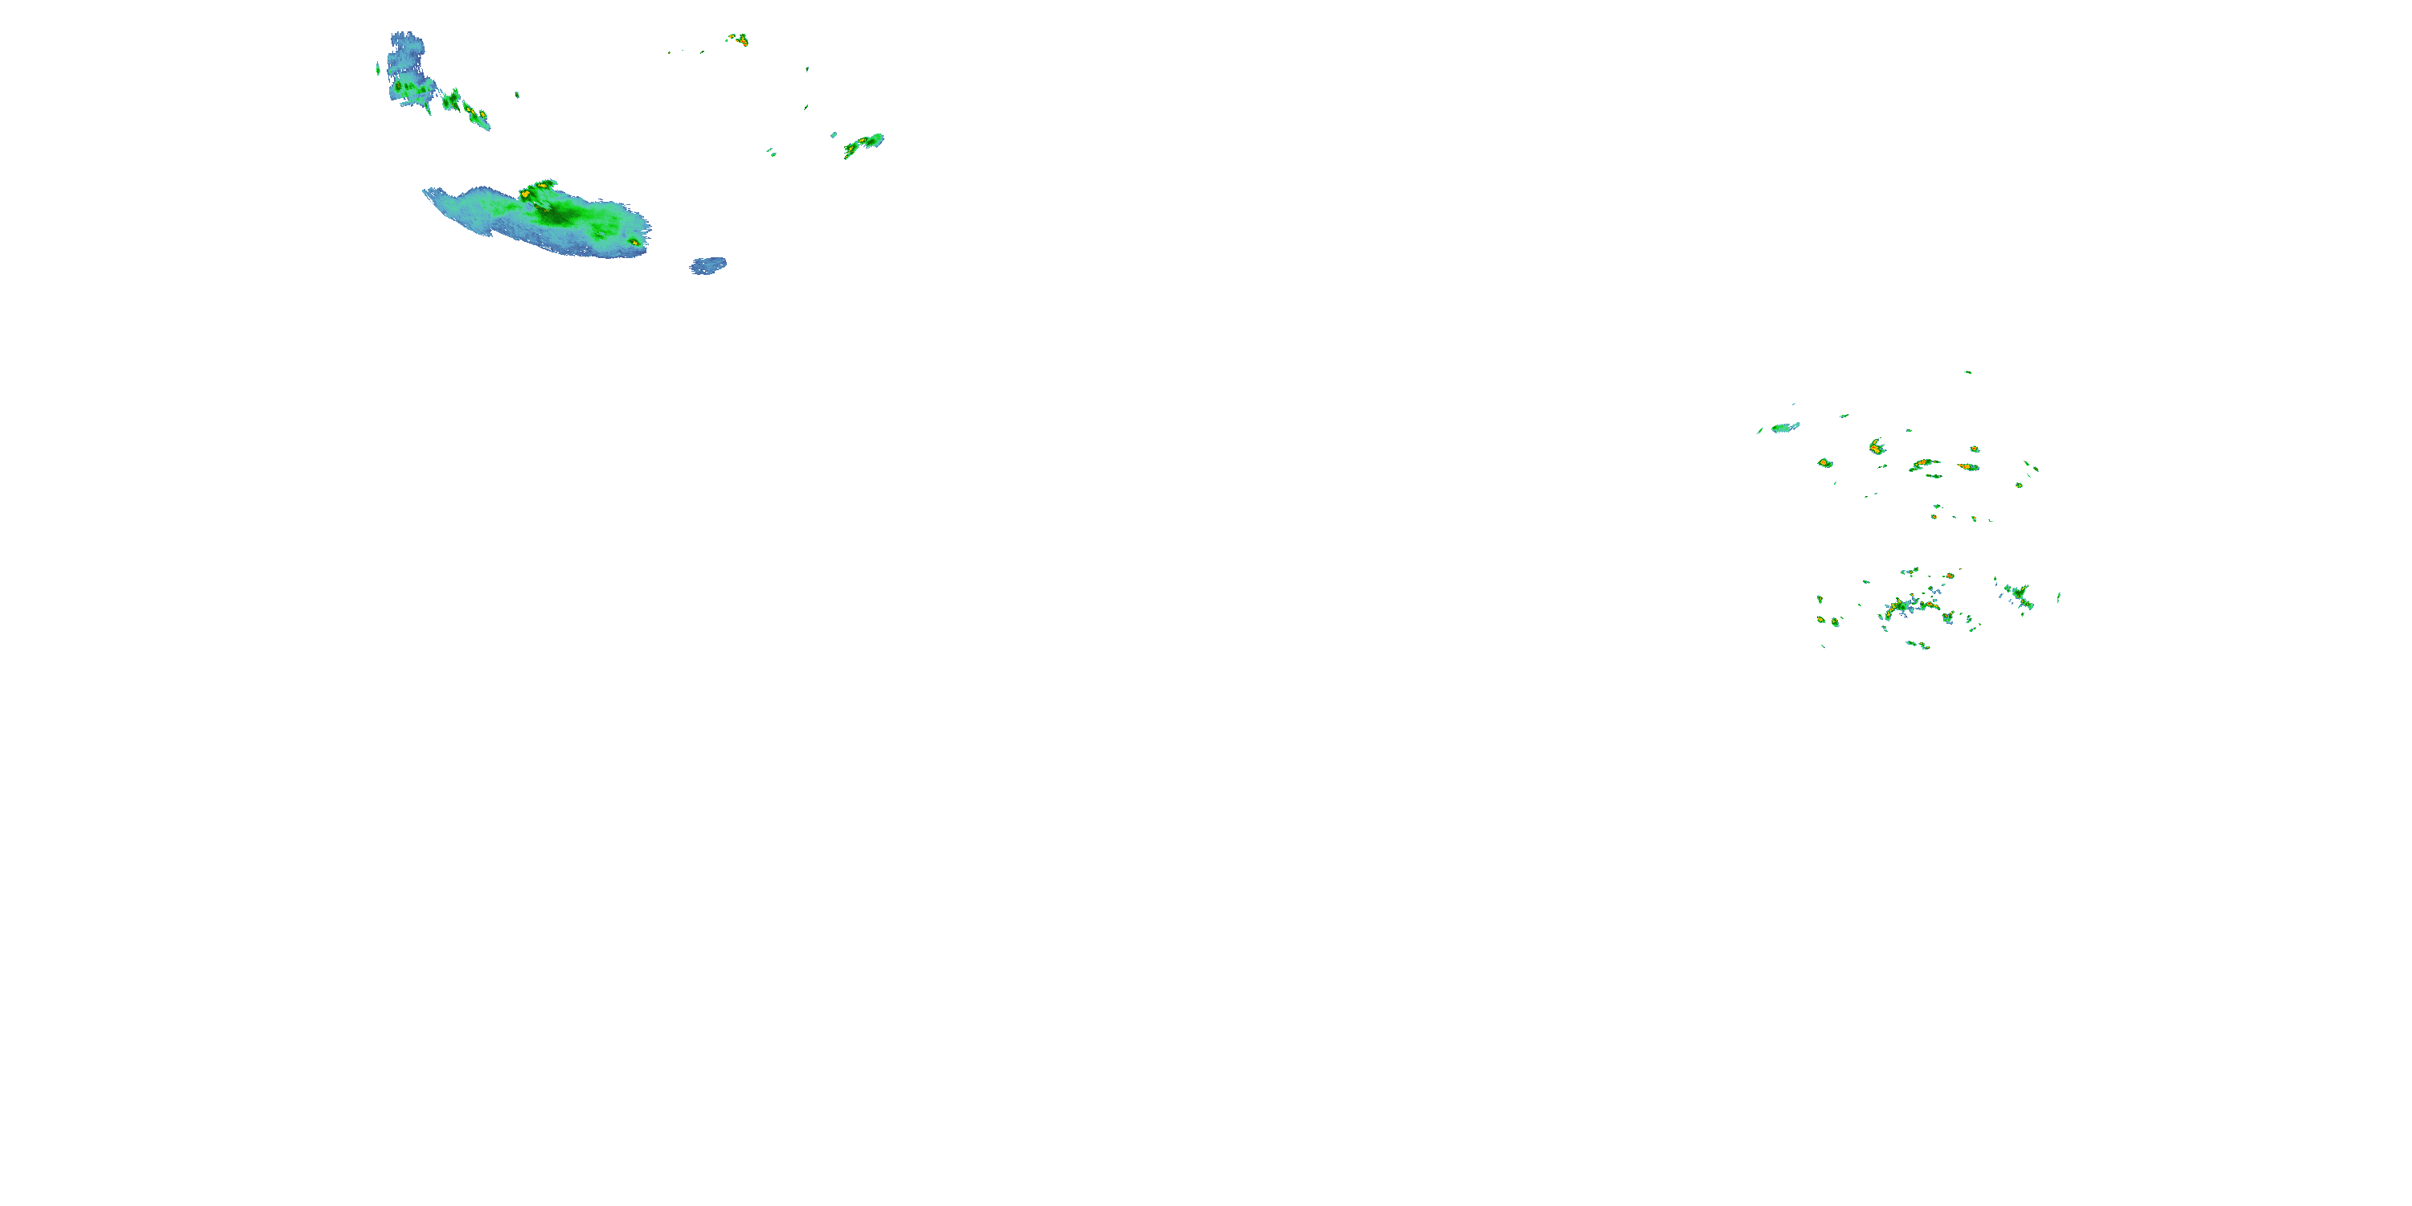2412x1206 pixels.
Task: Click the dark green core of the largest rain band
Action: pyautogui.click(x=558, y=216)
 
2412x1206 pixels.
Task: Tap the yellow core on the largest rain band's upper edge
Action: pyautogui.click(x=527, y=194)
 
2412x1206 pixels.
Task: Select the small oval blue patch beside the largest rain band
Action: pyautogui.click(x=709, y=266)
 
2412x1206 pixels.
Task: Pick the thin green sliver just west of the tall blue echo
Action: pyautogui.click(x=378, y=68)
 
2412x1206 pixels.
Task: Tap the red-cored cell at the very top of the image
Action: pyautogui.click(x=740, y=39)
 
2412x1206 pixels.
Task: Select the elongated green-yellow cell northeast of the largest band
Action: pyautogui.click(x=863, y=144)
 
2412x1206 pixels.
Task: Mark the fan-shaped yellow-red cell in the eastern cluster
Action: pyautogui.click(x=1877, y=447)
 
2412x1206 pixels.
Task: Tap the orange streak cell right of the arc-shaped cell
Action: pyautogui.click(x=1968, y=466)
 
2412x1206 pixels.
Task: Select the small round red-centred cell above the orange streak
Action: pyautogui.click(x=1974, y=449)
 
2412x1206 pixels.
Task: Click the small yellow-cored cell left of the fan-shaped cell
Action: pyautogui.click(x=1824, y=462)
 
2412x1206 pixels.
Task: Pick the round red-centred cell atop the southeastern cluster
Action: pyautogui.click(x=1950, y=576)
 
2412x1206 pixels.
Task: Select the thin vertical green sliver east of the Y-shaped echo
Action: pyautogui.click(x=2058, y=597)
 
